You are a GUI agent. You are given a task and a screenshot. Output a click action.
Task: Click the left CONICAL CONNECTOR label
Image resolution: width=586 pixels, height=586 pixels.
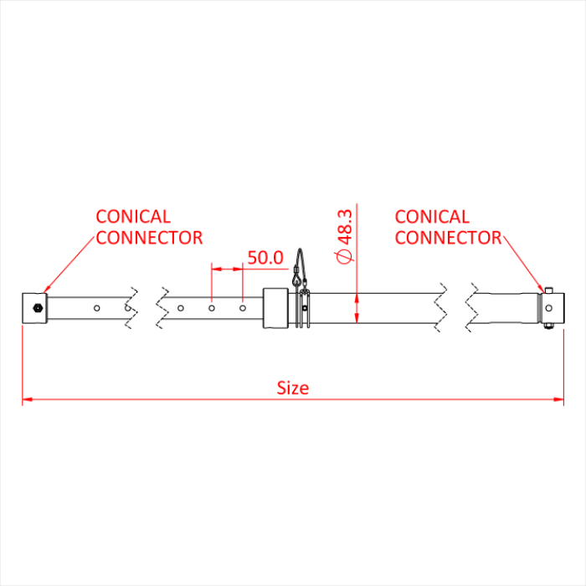point(149,227)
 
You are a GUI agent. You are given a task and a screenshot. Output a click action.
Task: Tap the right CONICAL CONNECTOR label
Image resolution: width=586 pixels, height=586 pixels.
point(448,227)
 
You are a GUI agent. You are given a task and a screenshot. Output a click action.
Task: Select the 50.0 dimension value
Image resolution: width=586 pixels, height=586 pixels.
point(265,257)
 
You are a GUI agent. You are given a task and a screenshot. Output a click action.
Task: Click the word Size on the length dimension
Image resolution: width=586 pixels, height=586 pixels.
point(293,388)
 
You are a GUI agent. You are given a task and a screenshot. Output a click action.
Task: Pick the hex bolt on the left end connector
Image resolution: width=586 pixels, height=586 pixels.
point(37,308)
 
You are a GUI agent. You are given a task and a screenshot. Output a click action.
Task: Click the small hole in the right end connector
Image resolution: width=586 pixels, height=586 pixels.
point(550,307)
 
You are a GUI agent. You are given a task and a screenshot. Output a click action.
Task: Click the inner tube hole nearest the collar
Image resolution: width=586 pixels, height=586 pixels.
point(243,308)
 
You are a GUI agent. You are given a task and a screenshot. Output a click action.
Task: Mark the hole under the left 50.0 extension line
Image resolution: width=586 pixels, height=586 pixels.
point(212,308)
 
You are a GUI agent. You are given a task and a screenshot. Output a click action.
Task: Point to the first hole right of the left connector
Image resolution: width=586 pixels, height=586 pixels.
point(97,308)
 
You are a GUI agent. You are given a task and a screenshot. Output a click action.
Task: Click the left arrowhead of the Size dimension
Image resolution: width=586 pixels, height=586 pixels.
point(27,399)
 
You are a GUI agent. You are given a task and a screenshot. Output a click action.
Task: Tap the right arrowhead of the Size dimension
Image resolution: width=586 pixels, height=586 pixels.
point(559,399)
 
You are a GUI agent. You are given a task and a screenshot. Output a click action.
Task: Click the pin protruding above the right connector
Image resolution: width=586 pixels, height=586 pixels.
point(550,289)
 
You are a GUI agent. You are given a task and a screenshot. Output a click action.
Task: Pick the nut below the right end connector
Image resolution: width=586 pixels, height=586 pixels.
point(550,327)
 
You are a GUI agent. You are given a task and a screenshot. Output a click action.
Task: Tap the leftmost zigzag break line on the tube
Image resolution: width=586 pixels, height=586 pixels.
point(131,307)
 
